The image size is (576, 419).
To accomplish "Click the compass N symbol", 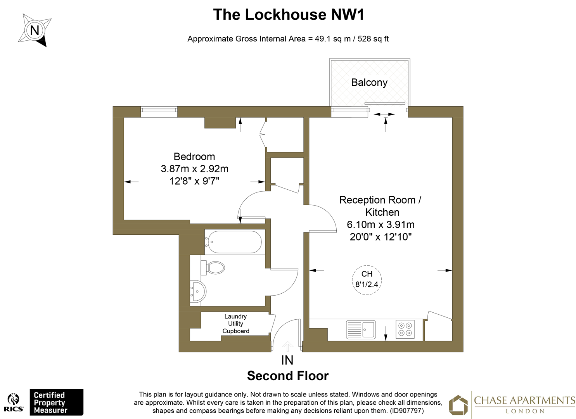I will [x=35, y=30].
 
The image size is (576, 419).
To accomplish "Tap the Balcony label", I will [x=369, y=82].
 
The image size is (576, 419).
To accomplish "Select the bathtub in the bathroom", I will [x=234, y=242].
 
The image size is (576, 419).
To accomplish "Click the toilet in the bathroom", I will [x=214, y=267].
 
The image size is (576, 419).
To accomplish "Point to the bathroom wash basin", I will [x=198, y=291].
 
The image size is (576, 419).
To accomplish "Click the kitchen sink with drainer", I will [x=361, y=329].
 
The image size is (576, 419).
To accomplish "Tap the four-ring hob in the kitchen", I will [x=405, y=329].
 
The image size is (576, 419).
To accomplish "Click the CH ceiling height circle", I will [x=367, y=280].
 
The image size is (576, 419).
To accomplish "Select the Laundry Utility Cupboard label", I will [x=235, y=324].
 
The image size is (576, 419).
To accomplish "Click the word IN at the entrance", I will [x=287, y=360].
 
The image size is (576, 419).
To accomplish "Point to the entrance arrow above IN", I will [x=287, y=346].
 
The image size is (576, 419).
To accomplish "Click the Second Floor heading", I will [x=288, y=376].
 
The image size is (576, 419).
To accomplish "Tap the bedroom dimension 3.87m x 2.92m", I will [x=194, y=169].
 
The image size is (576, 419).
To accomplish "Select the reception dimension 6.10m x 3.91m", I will [x=381, y=224].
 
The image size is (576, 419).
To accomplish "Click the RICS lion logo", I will [x=14, y=402].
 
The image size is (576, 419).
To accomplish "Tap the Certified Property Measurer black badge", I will [x=57, y=402].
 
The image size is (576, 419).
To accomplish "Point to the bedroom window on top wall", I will [x=159, y=112].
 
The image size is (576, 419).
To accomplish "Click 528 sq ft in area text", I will [x=373, y=39].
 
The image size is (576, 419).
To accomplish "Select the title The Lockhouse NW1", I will [x=289, y=15].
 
